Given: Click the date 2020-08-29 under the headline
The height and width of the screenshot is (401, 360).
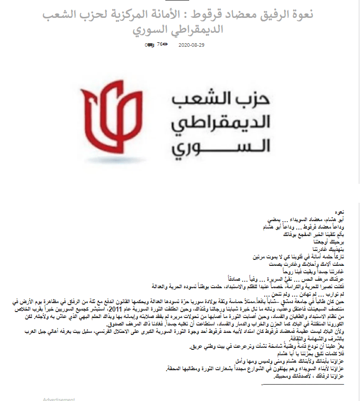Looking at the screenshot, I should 191,44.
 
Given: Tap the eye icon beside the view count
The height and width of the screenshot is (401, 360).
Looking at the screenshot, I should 165,44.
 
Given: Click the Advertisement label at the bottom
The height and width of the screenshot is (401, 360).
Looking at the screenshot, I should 59,399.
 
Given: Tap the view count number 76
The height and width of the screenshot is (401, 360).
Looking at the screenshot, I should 159,44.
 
